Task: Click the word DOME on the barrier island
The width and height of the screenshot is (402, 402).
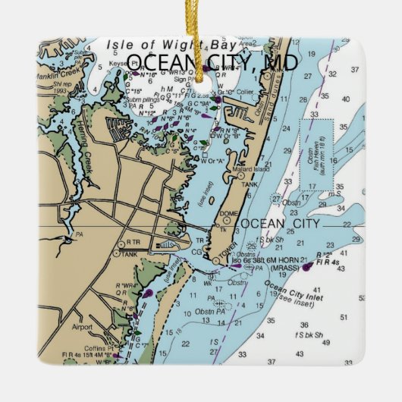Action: point(229,212)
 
